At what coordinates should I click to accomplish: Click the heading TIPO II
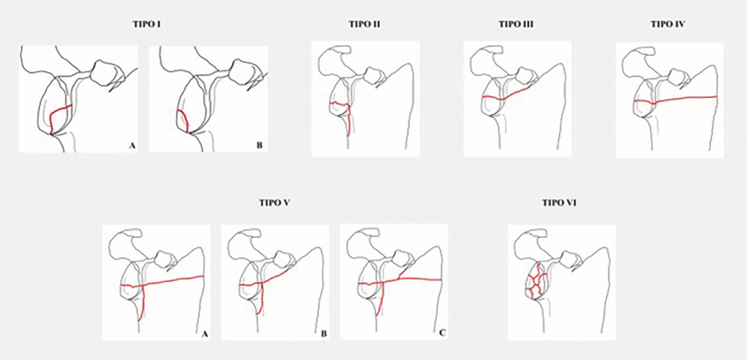[x=365, y=25]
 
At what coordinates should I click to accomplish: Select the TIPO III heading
[x=516, y=25]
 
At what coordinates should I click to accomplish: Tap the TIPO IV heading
[x=668, y=25]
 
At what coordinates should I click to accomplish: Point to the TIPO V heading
[x=274, y=202]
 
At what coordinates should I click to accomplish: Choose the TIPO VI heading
[x=559, y=202]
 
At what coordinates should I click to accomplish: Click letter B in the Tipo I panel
[x=260, y=146]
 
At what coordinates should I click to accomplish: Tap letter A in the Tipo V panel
[x=205, y=333]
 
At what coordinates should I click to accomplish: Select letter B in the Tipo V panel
[x=323, y=333]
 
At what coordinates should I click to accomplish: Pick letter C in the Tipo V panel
[x=442, y=333]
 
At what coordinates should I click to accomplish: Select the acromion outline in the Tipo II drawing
[x=333, y=57]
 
